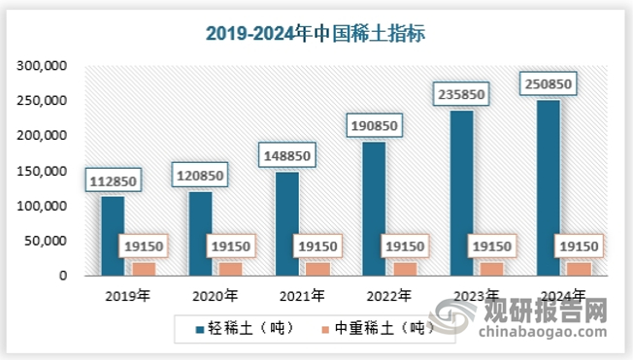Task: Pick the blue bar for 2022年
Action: pos(373,209)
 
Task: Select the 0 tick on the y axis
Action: pos(63,276)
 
